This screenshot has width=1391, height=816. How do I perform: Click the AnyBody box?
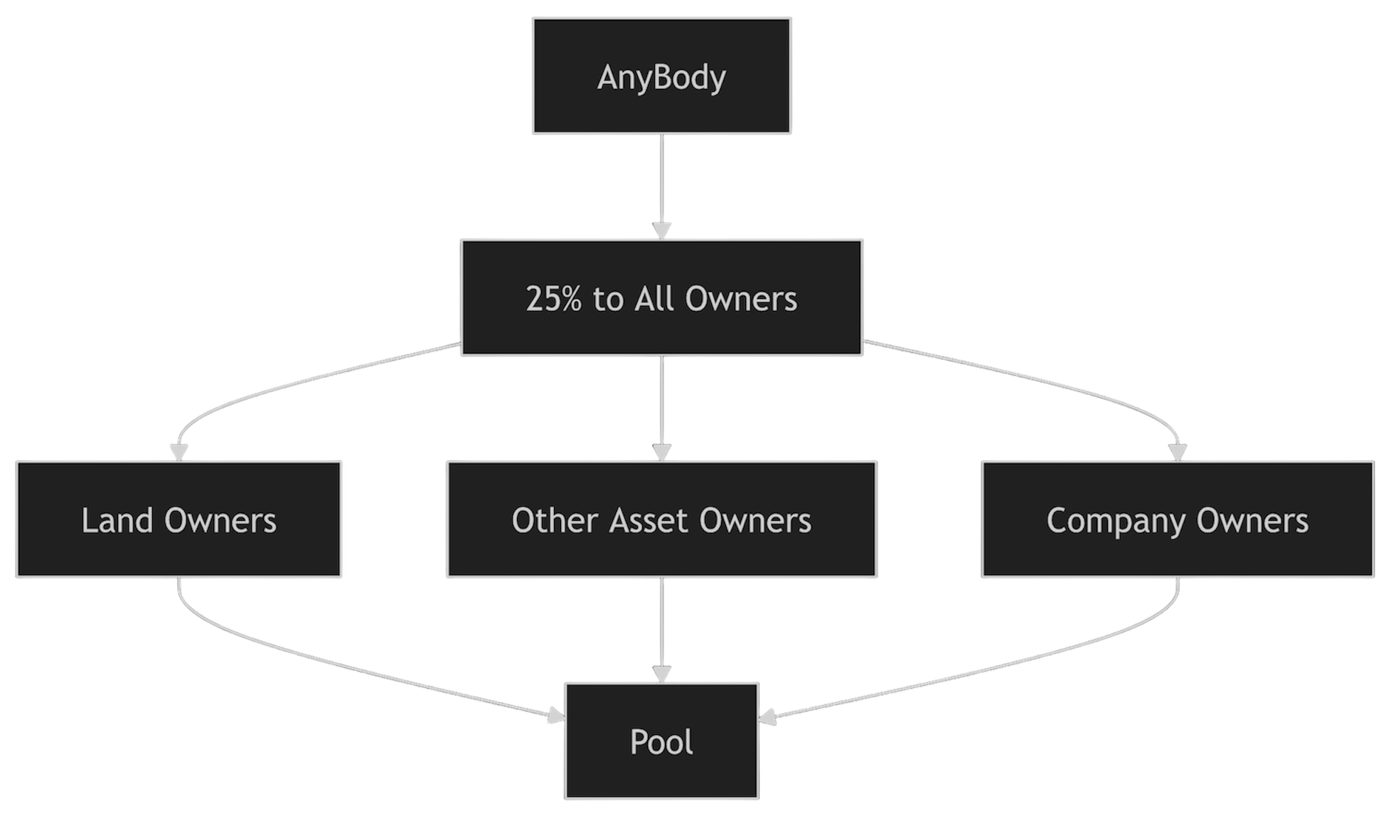click(x=661, y=76)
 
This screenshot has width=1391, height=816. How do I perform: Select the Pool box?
click(x=661, y=741)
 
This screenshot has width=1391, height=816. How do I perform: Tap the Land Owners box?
click(x=179, y=519)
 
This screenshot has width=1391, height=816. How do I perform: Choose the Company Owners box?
click(x=1177, y=519)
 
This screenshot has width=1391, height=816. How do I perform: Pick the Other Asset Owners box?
click(x=661, y=519)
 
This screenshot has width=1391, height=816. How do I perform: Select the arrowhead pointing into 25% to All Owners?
click(x=661, y=231)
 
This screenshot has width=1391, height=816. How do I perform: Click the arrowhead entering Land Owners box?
click(x=178, y=452)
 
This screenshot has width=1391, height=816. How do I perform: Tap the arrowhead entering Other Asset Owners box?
click(x=661, y=452)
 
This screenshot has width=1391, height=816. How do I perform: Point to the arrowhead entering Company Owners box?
click(x=1178, y=452)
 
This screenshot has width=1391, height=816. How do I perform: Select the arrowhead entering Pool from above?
click(x=661, y=674)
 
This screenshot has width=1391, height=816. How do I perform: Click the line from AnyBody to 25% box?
click(x=661, y=178)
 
